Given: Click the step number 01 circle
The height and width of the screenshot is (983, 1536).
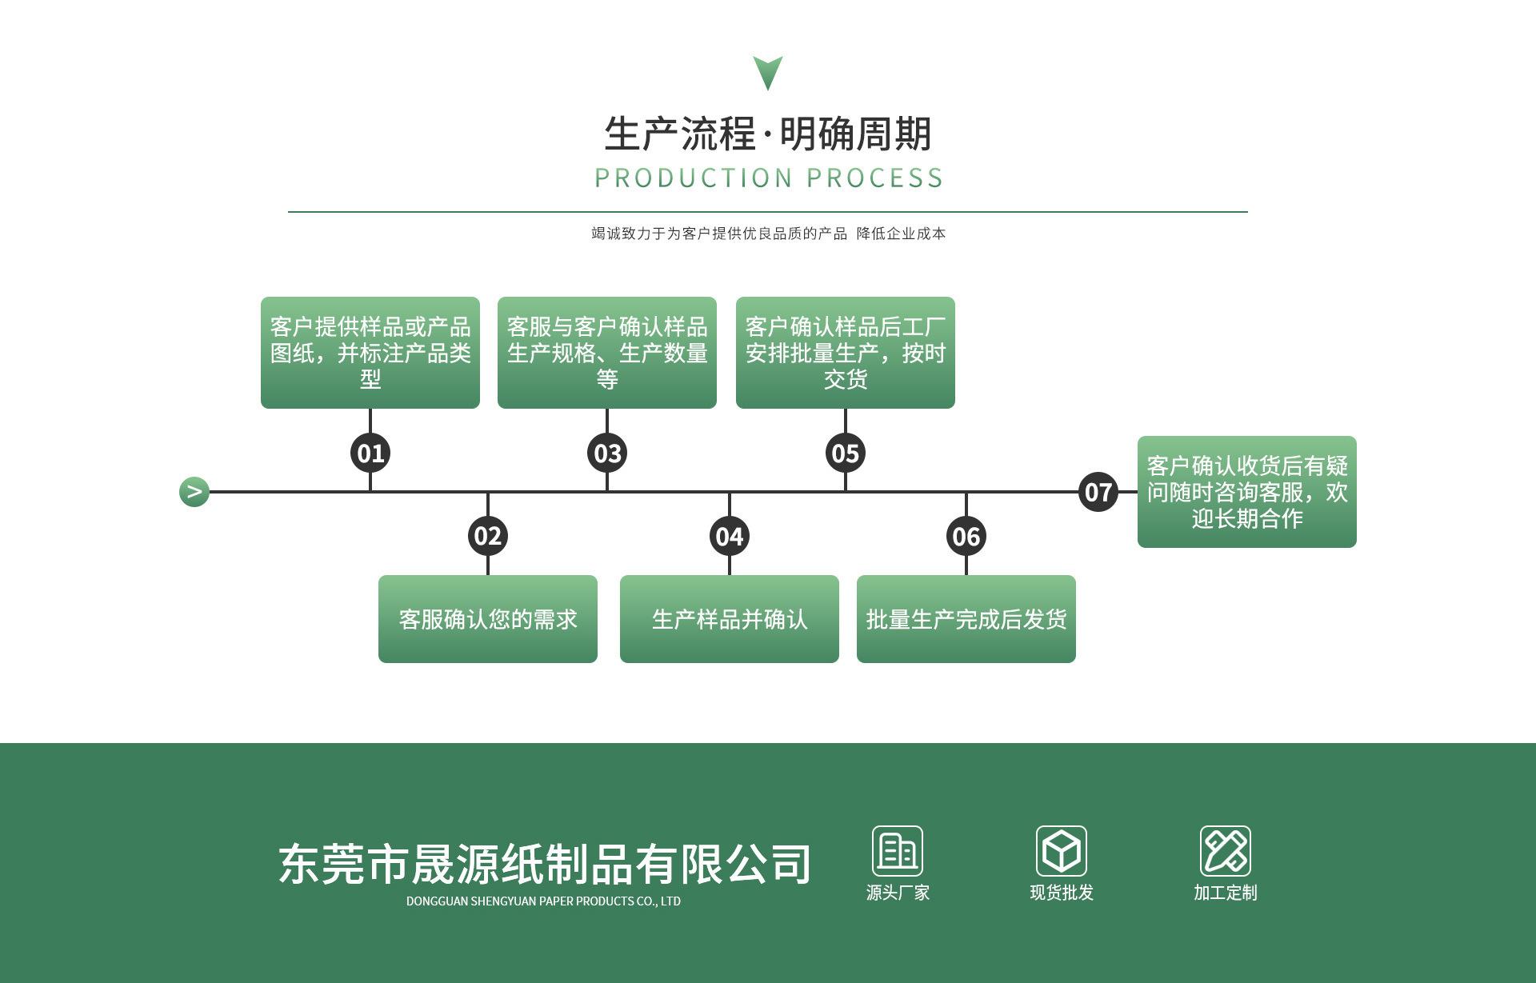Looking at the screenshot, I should tap(370, 454).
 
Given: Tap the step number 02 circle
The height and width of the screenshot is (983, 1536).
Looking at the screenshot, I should tap(488, 536).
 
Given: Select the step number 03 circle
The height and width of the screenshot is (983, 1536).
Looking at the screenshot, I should tap(607, 454).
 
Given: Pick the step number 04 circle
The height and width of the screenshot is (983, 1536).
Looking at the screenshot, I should tap(730, 536).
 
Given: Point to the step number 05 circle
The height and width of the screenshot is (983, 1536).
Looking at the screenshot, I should tap(846, 454).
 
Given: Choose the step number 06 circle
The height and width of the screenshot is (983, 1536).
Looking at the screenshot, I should tap(966, 536).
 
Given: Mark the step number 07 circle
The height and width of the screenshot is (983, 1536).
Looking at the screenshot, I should tap(1098, 492).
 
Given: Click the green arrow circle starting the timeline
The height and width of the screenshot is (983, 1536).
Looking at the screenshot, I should tap(194, 492).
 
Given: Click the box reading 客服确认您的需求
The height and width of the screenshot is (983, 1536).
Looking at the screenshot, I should tap(488, 619).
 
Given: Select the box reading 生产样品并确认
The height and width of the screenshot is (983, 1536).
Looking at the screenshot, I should tap(730, 619).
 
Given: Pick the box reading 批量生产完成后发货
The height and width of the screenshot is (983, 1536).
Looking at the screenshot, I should tap(966, 619).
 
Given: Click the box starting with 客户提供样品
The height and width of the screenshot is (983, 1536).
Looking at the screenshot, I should tap(370, 353).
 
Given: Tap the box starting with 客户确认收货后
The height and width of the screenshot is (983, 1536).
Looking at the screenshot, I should tap(1247, 492).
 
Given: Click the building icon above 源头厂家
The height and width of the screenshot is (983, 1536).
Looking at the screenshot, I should tap(898, 851).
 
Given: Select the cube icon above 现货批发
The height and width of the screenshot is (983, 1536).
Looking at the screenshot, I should tap(1062, 851).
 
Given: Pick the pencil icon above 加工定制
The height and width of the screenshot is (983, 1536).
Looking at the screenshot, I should tap(1225, 851).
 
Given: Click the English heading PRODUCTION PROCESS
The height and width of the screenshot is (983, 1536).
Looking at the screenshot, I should tap(769, 178).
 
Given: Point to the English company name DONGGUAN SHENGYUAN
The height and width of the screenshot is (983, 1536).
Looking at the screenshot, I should tap(543, 901).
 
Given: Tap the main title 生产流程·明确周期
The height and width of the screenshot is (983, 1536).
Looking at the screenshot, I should tap(768, 134).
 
